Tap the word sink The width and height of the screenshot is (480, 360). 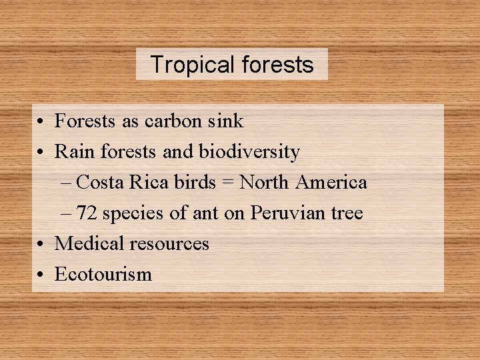click(227, 121)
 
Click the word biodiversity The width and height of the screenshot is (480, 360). click(249, 152)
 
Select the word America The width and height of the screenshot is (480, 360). click(331, 182)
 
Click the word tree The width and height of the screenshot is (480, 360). click(346, 213)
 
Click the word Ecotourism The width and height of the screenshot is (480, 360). click(103, 274)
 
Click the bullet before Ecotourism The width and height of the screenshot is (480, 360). click(41, 275)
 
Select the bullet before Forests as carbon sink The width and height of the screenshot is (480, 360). click(41, 122)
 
